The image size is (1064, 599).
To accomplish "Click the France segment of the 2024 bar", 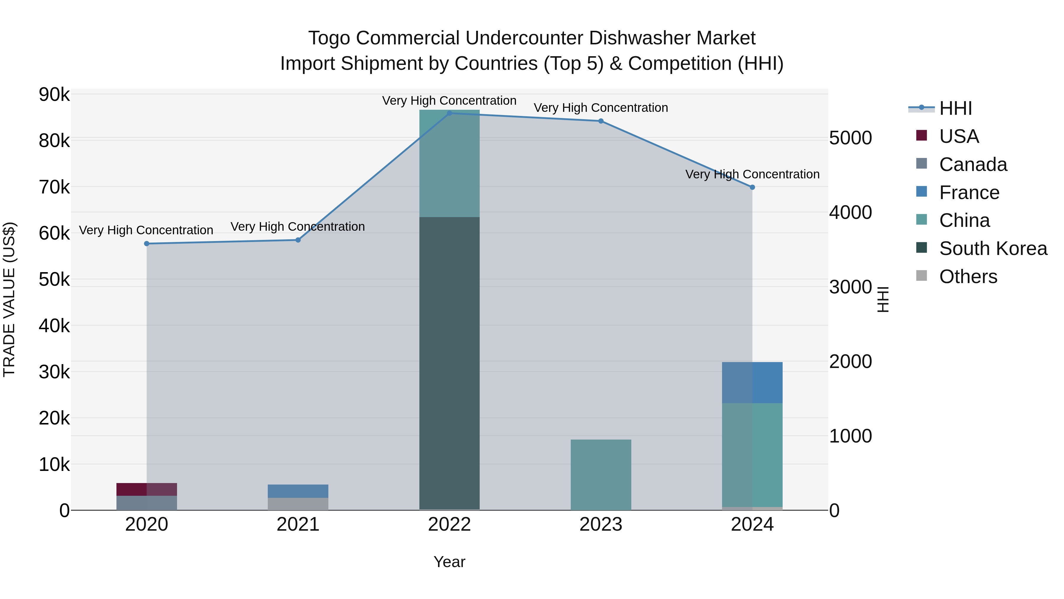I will pos(752,382).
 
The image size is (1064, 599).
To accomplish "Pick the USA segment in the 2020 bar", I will pos(147,489).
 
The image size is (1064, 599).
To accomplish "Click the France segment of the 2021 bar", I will pos(298,491).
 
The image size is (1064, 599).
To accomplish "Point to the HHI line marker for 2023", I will pos(601,121).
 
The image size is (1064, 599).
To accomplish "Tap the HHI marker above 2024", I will pos(752,187).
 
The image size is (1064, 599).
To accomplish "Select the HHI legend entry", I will pos(955,108).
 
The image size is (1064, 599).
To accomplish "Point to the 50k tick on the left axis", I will pos(54,280).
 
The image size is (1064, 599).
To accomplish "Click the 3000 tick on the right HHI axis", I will pos(850,287).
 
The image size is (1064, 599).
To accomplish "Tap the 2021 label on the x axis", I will pos(298,524).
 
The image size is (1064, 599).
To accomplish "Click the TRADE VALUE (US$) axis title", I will pos(9,299).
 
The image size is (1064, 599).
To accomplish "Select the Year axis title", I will pos(449,562).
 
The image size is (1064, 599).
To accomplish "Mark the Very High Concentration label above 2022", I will pos(449,101).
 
